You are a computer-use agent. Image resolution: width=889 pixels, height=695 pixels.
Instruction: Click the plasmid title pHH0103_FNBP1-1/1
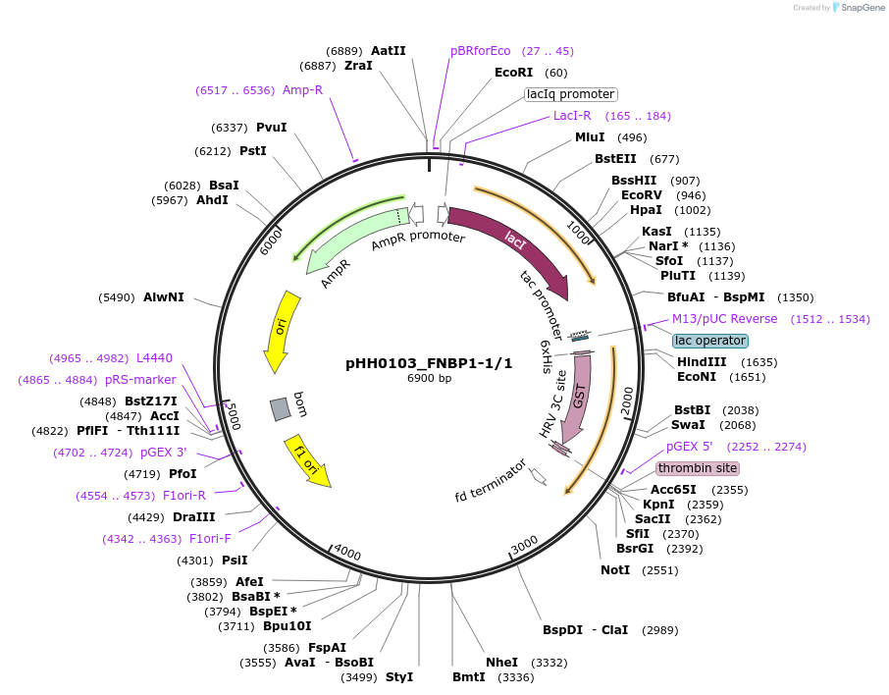click(x=429, y=362)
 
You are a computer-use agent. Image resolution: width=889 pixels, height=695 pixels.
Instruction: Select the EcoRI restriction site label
click(x=514, y=73)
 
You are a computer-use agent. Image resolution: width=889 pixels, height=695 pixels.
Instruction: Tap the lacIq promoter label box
click(x=570, y=94)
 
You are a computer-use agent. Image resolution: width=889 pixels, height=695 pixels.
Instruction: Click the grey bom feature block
click(x=281, y=407)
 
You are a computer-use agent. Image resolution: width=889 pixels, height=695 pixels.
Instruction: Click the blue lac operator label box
click(x=710, y=341)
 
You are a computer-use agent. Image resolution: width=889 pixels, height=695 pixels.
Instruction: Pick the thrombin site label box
click(x=697, y=468)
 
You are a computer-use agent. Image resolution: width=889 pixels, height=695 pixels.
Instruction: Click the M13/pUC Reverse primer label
click(x=724, y=319)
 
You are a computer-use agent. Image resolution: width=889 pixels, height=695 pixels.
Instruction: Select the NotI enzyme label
click(x=615, y=570)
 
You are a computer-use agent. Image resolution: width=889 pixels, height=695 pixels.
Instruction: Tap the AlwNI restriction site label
click(x=163, y=296)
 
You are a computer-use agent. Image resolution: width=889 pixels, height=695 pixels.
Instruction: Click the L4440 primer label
click(x=154, y=358)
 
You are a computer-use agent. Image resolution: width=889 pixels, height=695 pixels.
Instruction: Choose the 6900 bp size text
click(x=429, y=378)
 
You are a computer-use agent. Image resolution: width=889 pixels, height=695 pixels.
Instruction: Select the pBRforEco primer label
click(x=480, y=51)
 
